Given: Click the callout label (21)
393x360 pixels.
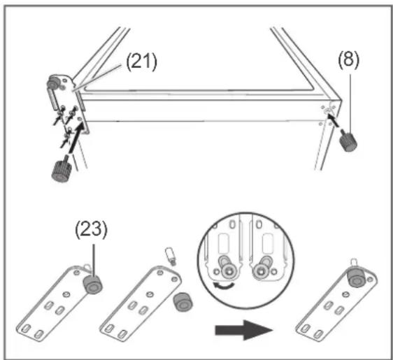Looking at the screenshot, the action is tap(141, 62).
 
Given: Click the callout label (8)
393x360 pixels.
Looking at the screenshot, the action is tap(349, 60).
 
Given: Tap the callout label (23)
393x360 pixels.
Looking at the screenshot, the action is tap(91, 229).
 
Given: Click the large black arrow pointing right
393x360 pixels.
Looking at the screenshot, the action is tap(244, 330).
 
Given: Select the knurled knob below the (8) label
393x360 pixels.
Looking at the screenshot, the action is tap(348, 142).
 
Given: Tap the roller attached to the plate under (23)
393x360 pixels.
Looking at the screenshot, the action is tap(93, 286).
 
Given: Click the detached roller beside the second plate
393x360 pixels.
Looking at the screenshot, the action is tap(183, 302).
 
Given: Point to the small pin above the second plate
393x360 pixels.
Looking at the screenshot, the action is tap(170, 256).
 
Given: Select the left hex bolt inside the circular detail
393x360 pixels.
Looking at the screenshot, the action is tap(229, 271).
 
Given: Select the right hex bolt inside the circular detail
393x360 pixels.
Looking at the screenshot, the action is tap(260, 271).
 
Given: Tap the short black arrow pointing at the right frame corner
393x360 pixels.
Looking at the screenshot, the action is tap(334, 120).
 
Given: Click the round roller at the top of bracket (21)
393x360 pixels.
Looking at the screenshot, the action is tap(53, 82).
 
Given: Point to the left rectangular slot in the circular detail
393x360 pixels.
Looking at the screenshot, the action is tap(224, 243).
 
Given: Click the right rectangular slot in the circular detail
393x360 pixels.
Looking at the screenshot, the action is tap(267, 243).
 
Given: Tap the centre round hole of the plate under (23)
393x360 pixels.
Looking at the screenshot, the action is tap(66, 294).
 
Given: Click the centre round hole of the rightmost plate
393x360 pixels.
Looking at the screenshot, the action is tap(346, 294).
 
